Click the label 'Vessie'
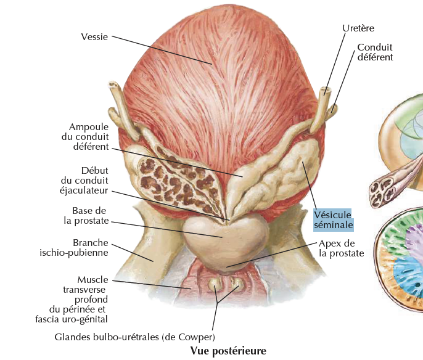[94, 37]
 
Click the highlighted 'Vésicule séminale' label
[333, 219]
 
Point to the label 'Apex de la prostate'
[341, 248]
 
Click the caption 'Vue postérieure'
[229, 351]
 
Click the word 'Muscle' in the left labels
[92, 280]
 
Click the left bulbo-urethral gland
[213, 284]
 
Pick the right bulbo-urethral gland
[236, 284]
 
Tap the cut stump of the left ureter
[113, 87]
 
